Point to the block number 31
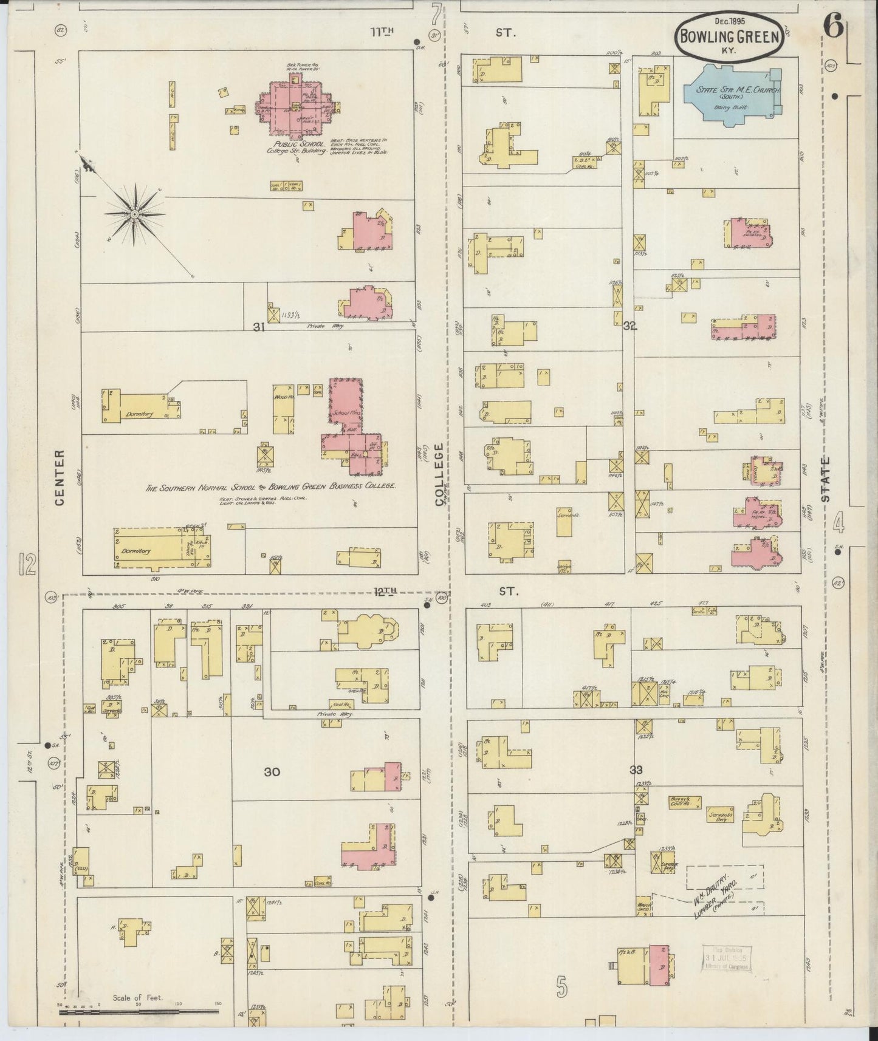(259, 327)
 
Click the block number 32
(629, 326)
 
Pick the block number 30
(272, 772)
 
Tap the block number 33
(636, 770)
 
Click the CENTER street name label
(60, 478)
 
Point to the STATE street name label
(825, 479)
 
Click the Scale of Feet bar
(139, 1012)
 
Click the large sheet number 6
(833, 28)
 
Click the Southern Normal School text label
(270, 487)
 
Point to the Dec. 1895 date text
(729, 21)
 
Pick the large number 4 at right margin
(839, 522)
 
